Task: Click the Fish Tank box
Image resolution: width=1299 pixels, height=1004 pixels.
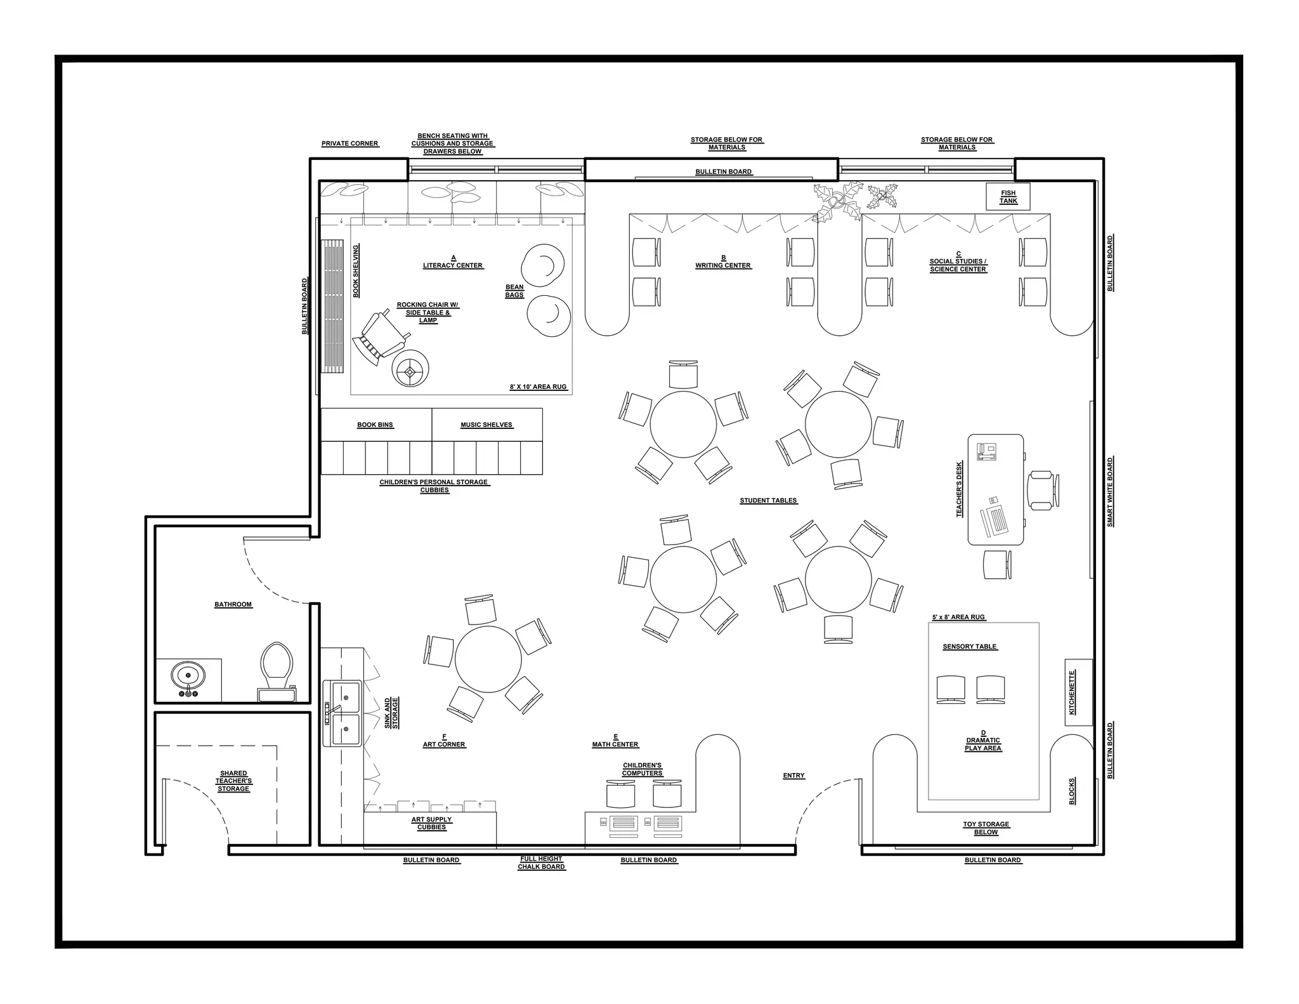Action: [x=1008, y=197]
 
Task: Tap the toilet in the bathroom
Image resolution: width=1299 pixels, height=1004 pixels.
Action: [x=277, y=671]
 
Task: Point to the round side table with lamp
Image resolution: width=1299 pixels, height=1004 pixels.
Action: [x=410, y=368]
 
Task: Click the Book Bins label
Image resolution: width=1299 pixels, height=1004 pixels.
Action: [x=375, y=425]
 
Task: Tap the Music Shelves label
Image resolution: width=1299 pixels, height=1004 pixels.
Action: [x=486, y=425]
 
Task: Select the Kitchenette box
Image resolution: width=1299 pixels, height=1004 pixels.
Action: [x=1078, y=692]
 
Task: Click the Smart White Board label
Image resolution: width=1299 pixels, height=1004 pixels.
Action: [x=1110, y=492]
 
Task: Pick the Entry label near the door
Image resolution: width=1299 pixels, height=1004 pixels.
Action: [x=793, y=776]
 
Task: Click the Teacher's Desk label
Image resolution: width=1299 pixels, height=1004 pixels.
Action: [x=960, y=489]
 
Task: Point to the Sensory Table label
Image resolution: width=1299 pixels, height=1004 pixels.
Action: [x=970, y=647]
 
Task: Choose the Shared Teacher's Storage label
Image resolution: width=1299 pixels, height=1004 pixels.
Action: [x=233, y=781]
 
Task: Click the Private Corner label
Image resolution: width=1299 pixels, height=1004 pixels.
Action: [x=349, y=143]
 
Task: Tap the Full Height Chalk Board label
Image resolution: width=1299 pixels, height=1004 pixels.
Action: [x=541, y=862]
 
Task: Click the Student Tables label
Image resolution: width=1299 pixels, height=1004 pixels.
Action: [x=768, y=501]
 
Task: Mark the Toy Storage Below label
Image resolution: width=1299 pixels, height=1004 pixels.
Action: [x=986, y=828]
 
